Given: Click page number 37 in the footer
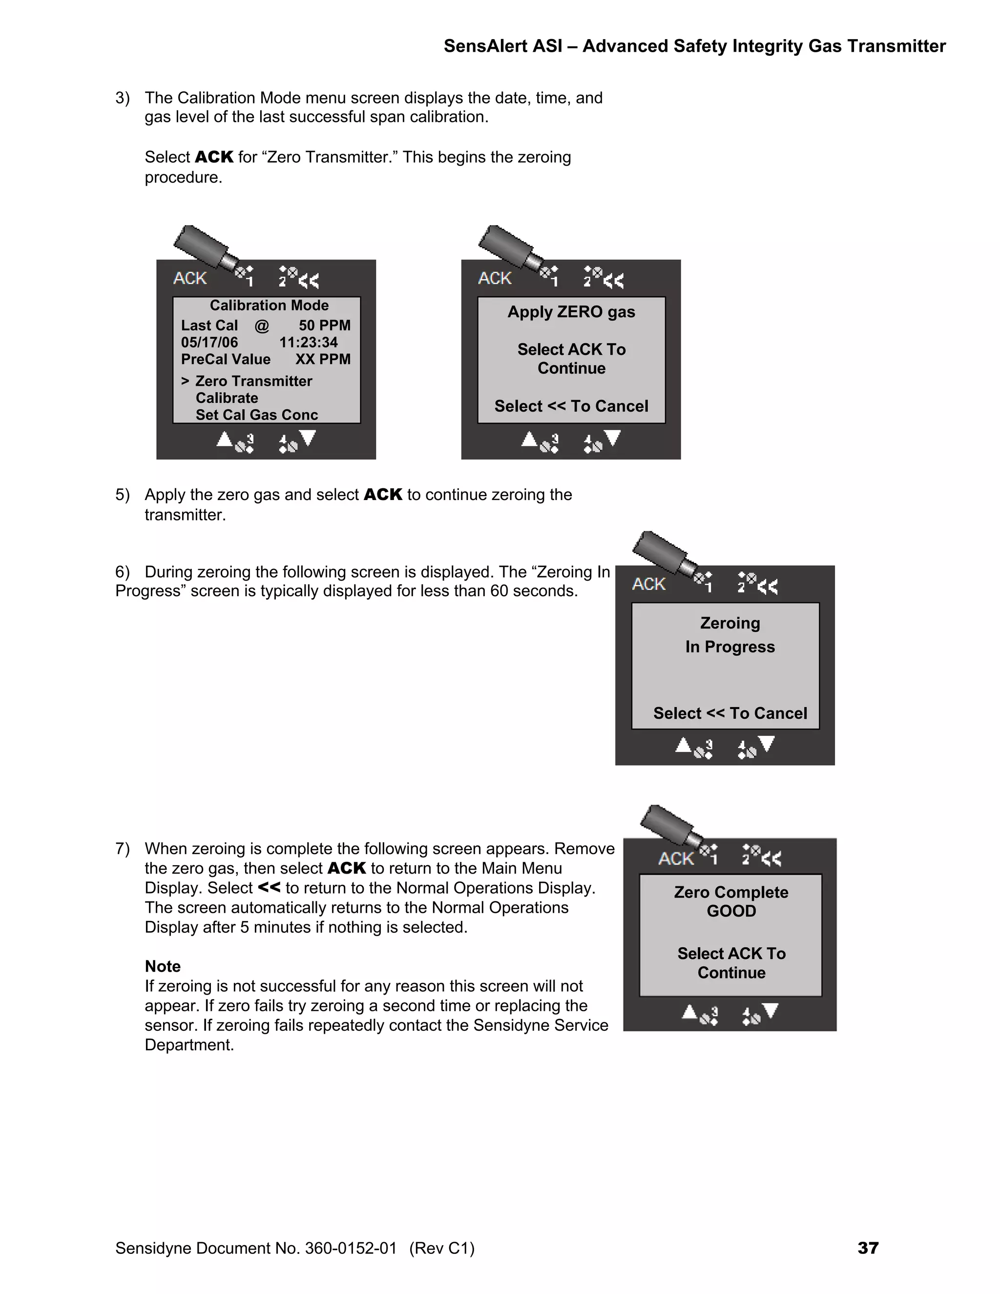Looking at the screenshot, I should pyautogui.click(x=868, y=1249).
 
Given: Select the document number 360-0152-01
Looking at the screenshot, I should pyautogui.click(x=351, y=1249).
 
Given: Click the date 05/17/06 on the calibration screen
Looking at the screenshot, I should pyautogui.click(x=209, y=342).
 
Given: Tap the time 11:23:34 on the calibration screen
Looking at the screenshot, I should pyautogui.click(x=308, y=342).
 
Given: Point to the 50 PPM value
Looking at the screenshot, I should pyautogui.click(x=324, y=325).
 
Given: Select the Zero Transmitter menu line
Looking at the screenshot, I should pyautogui.click(x=253, y=381).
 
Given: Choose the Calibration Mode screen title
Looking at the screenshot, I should pyautogui.click(x=269, y=305).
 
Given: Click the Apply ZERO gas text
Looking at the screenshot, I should pyautogui.click(x=571, y=312).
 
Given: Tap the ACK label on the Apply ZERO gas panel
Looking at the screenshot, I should pyautogui.click(x=495, y=278).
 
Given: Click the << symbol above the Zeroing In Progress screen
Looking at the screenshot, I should pyautogui.click(x=767, y=586).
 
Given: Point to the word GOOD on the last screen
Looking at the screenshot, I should pyautogui.click(x=731, y=911).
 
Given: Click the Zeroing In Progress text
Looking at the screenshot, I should pyautogui.click(x=730, y=635).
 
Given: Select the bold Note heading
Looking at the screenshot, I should pyautogui.click(x=162, y=966).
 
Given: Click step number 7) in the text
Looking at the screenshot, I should pyautogui.click(x=123, y=849).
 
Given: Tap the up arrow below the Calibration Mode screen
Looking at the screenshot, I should pyautogui.click(x=224, y=439).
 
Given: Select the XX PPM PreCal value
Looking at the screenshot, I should pyautogui.click(x=323, y=359).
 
